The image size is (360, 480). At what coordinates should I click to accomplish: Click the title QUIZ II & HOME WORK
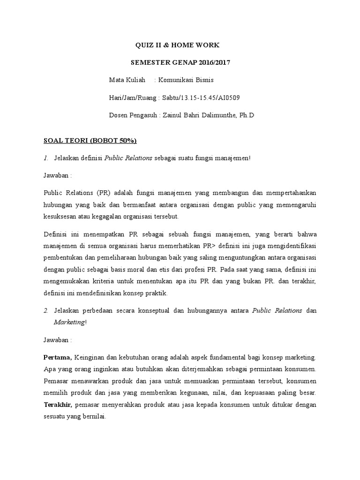click(x=177, y=45)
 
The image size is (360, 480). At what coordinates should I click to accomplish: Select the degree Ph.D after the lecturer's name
click(x=246, y=114)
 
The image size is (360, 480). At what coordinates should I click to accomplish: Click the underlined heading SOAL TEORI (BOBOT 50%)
click(x=90, y=141)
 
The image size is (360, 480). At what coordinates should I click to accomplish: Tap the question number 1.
click(x=46, y=158)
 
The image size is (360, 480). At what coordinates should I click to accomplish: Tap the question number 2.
click(x=46, y=310)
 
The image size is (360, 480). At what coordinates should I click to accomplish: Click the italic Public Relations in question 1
click(x=128, y=158)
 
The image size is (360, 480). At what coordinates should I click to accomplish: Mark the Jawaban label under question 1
click(x=58, y=175)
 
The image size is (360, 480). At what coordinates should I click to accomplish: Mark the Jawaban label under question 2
click(x=58, y=339)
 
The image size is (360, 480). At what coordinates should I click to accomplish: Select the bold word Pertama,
click(x=58, y=357)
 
